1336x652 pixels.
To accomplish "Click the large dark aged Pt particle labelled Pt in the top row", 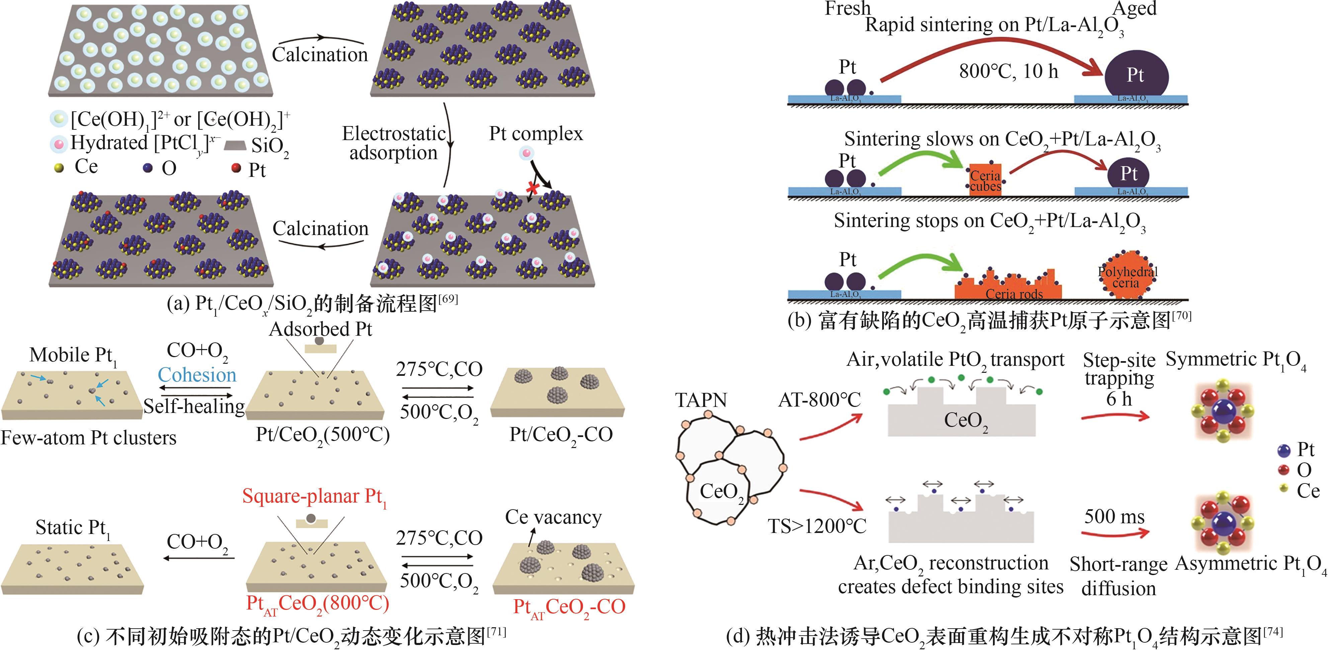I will [x=1136, y=76].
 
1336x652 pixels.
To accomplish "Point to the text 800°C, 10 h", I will [x=1008, y=71].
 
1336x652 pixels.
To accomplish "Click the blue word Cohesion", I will [x=197, y=375].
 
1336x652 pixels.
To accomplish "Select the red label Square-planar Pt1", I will [x=314, y=497].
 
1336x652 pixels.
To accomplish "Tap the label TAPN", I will [x=701, y=400].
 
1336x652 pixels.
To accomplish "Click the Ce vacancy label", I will [x=554, y=517].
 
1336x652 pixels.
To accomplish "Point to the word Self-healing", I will [x=194, y=406].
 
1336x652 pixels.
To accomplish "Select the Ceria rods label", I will [x=1014, y=294].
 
